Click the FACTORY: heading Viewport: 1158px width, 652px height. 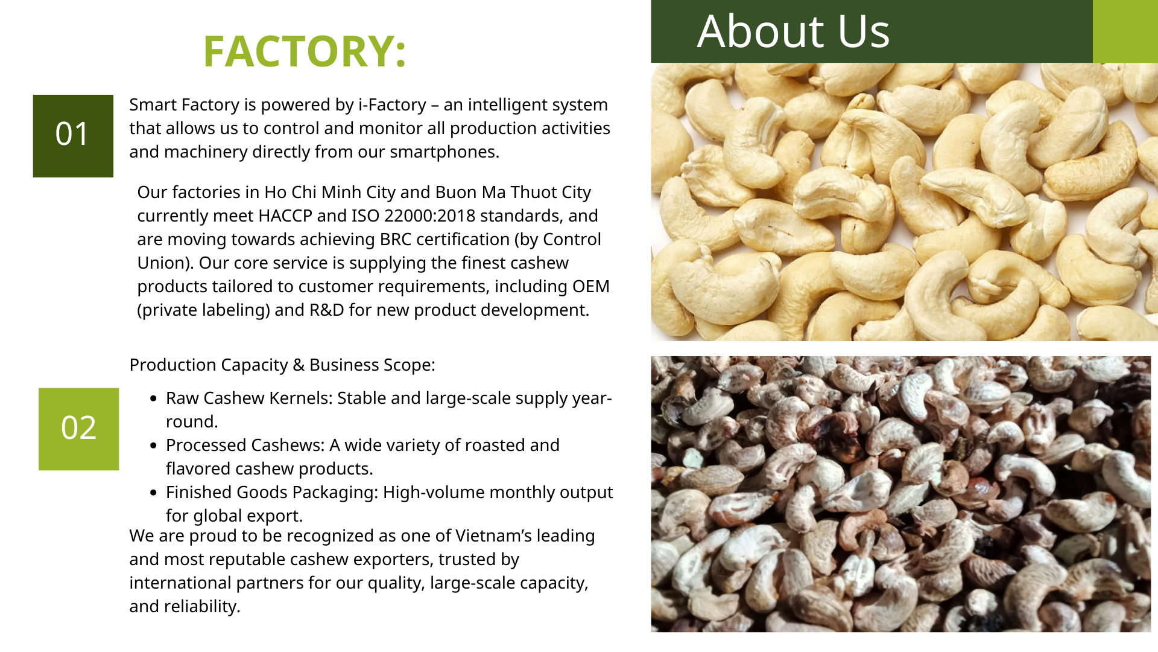coord(305,51)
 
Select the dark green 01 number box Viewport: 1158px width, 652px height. coord(73,136)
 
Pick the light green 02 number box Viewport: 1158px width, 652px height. coord(79,429)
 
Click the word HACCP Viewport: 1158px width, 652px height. coord(285,216)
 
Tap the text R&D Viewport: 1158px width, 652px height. coord(327,310)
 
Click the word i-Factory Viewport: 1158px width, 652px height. coord(392,105)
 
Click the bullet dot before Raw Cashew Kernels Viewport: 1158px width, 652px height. coord(153,398)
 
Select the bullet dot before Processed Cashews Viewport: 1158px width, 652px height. coord(153,446)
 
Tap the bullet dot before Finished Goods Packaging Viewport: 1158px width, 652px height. coord(153,493)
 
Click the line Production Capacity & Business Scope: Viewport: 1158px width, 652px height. coord(282,365)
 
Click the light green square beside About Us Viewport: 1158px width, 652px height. coord(1125,31)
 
